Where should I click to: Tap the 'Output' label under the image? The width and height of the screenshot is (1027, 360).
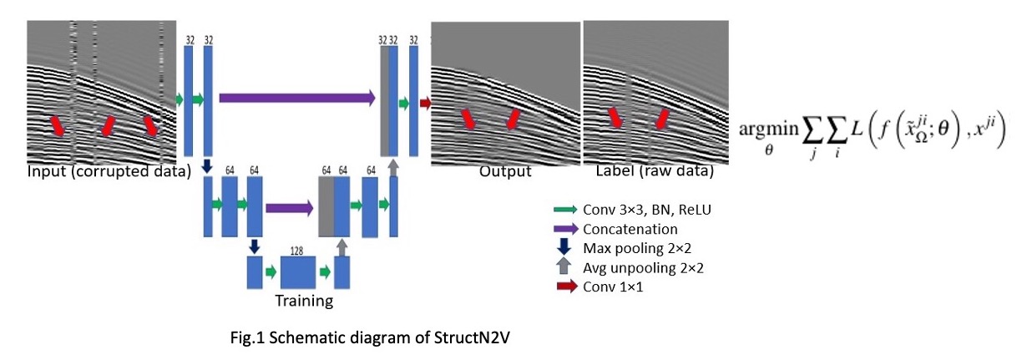[505, 171]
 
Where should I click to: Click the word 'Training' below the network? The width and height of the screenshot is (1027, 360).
[305, 301]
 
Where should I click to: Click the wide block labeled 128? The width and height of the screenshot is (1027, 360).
[297, 272]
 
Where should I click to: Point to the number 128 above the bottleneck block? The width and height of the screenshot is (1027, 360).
[296, 249]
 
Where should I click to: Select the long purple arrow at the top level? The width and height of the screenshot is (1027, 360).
[296, 98]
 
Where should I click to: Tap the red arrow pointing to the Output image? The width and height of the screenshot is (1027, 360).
[425, 104]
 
